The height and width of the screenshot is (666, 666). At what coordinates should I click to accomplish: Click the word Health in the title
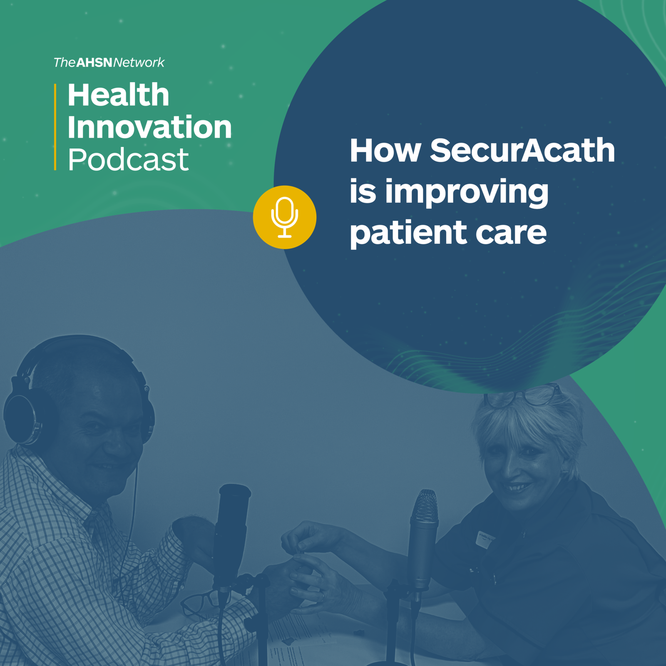click(x=118, y=95)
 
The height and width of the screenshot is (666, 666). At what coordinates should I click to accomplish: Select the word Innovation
click(x=149, y=127)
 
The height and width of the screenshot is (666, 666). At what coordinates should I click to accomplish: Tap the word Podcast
click(x=128, y=159)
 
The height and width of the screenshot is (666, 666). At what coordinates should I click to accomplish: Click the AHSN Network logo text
click(x=109, y=62)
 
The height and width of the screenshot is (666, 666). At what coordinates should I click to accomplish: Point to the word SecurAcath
click(x=522, y=150)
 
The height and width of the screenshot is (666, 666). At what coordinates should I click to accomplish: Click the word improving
click(x=467, y=193)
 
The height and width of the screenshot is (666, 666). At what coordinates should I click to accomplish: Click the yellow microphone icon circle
click(x=285, y=217)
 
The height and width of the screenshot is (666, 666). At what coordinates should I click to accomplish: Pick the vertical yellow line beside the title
click(x=55, y=127)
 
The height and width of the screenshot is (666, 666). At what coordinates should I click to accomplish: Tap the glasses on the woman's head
click(x=522, y=395)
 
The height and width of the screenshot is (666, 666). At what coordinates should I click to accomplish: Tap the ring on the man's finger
click(x=323, y=596)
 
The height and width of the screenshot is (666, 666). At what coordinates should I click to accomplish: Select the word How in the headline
click(x=385, y=150)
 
